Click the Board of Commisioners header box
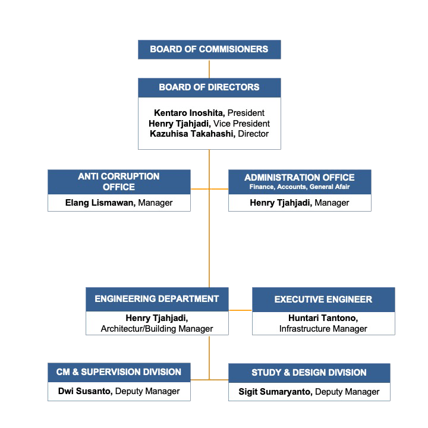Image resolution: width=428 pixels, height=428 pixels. click(x=209, y=49)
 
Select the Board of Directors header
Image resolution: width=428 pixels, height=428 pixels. click(x=209, y=87)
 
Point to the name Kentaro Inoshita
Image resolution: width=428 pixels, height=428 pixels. click(x=189, y=113)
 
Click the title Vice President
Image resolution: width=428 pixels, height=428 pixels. click(x=241, y=124)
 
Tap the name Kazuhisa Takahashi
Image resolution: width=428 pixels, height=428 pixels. click(x=193, y=134)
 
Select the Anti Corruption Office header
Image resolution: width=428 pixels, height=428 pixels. click(x=119, y=182)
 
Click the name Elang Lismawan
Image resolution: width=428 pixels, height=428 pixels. click(x=100, y=203)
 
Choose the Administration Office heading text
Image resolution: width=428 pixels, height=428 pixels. click(x=300, y=177)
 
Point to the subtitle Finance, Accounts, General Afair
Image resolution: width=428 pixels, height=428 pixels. click(x=300, y=187)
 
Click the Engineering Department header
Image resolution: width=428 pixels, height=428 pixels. click(x=157, y=299)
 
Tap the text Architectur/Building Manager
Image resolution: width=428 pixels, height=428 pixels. click(x=157, y=329)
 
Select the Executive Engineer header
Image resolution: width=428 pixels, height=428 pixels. click(x=323, y=300)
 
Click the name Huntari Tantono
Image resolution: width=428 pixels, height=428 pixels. click(x=323, y=318)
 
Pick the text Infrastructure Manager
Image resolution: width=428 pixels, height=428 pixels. click(x=323, y=329)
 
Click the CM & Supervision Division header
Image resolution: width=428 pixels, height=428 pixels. click(x=119, y=372)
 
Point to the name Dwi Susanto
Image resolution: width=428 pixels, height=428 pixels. click(x=85, y=391)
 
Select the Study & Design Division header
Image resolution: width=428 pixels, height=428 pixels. click(x=309, y=373)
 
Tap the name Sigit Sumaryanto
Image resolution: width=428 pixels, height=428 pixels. click(x=275, y=392)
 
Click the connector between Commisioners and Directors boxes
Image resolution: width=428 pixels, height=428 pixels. click(x=209, y=69)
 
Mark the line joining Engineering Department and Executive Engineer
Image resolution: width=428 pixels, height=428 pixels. click(x=240, y=310)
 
